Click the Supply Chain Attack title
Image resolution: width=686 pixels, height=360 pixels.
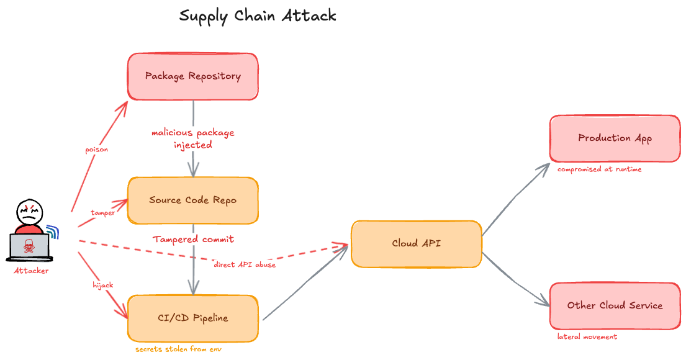(x=258, y=16)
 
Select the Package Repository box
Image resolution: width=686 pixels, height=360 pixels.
(x=193, y=76)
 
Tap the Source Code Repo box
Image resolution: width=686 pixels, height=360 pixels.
(x=193, y=200)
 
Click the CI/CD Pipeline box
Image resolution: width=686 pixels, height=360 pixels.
(x=193, y=318)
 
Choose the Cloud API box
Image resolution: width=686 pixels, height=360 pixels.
(x=417, y=244)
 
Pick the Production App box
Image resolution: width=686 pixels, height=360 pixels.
(x=615, y=138)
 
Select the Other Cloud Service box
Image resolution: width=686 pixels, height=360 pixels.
(x=615, y=306)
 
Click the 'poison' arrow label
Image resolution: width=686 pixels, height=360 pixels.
(x=96, y=150)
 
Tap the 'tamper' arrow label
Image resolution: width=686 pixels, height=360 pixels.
(x=102, y=213)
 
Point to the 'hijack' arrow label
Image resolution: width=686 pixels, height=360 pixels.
(x=102, y=285)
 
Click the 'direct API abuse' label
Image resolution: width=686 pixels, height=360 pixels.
(x=245, y=265)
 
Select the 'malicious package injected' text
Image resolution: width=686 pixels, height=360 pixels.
(x=193, y=139)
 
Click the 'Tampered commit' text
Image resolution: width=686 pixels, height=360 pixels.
(x=193, y=239)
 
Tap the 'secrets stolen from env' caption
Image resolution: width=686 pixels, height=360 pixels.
(x=178, y=349)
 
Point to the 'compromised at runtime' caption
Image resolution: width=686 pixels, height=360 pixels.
(x=599, y=169)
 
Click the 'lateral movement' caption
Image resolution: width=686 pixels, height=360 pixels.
(x=587, y=337)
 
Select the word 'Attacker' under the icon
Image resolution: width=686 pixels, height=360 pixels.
(x=31, y=271)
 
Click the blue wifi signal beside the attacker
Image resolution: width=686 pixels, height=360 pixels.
(x=53, y=233)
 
